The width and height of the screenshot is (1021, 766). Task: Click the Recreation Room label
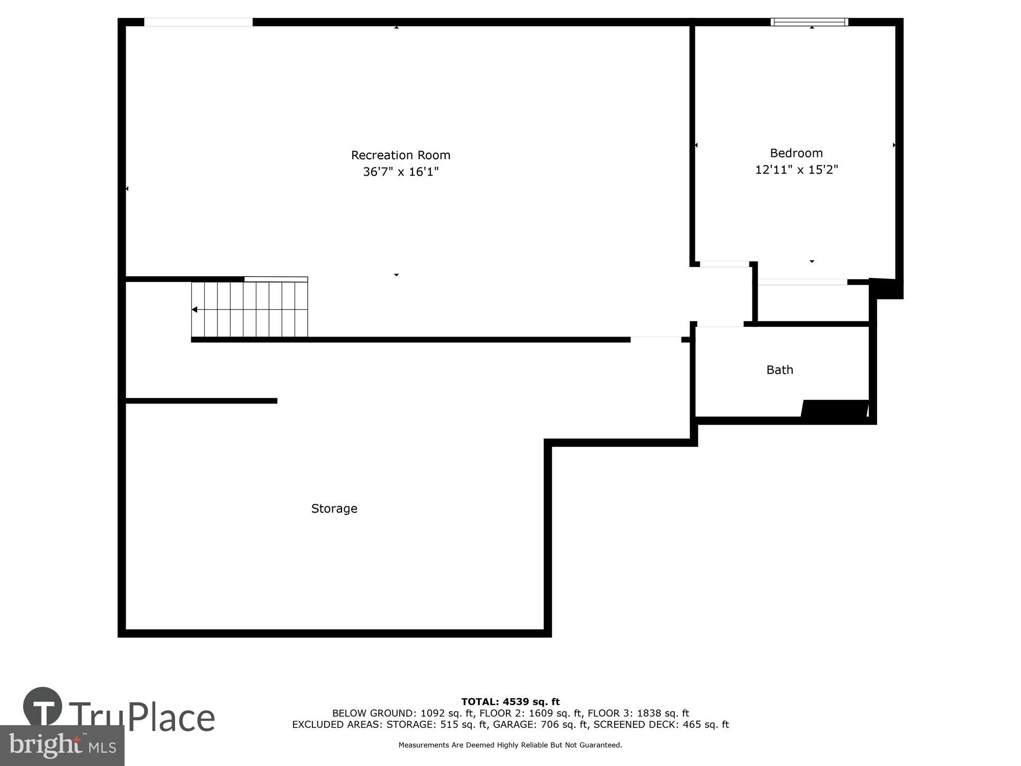400,155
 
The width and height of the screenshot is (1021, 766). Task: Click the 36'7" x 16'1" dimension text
400,172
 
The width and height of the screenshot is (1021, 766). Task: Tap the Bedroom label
796,153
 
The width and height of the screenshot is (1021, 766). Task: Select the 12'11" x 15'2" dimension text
796,170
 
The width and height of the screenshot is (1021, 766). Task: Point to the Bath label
780,370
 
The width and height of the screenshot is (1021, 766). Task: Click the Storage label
334,509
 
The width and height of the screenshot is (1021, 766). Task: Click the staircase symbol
250,309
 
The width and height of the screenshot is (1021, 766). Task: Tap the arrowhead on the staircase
195,309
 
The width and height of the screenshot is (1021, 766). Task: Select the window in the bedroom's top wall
809,22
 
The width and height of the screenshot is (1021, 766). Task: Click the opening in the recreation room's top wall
198,22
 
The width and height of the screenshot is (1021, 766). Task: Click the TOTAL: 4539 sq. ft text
510,702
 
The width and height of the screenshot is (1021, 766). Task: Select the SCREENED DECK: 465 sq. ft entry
661,725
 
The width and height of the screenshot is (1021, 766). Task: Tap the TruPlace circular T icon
43,707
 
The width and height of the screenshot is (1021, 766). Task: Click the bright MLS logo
62,746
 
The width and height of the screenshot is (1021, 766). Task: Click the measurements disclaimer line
510,745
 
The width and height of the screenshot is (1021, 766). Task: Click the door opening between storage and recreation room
655,340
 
